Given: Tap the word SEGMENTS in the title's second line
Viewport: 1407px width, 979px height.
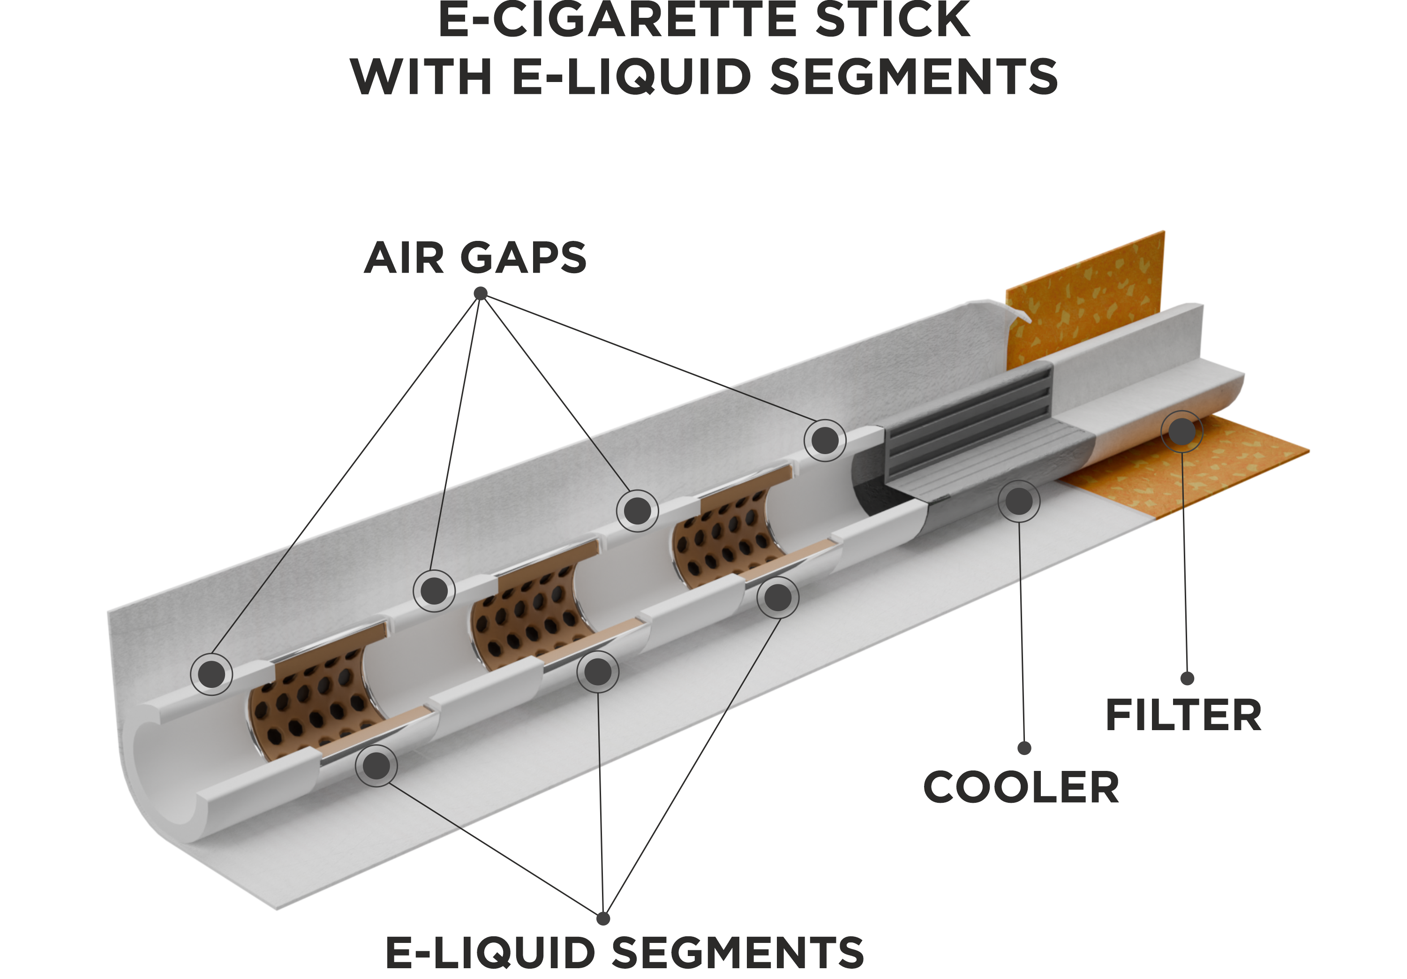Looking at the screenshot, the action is tap(914, 77).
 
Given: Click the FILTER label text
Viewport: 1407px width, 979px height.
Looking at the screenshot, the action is tap(1183, 716).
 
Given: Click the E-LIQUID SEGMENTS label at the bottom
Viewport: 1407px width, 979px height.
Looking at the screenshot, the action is tap(624, 953).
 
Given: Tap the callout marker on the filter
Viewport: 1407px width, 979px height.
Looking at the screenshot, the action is tap(1182, 432).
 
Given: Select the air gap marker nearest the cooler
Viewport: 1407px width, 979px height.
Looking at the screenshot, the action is tap(825, 441).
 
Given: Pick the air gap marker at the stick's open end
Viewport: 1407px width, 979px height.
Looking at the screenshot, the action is tap(211, 674).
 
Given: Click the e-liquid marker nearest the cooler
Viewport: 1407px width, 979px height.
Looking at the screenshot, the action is tap(778, 598).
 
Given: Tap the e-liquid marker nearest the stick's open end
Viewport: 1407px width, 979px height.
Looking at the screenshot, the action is tap(376, 766).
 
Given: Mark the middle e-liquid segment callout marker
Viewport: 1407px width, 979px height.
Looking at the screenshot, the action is tap(597, 672).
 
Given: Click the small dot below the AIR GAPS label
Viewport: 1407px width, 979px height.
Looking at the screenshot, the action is tap(481, 294).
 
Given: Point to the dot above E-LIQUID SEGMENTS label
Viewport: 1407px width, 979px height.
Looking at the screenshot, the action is tap(603, 919).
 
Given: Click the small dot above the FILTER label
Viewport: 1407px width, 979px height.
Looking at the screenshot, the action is tap(1187, 678).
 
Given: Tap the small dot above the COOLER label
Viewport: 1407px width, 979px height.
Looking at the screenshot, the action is tap(1024, 748).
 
